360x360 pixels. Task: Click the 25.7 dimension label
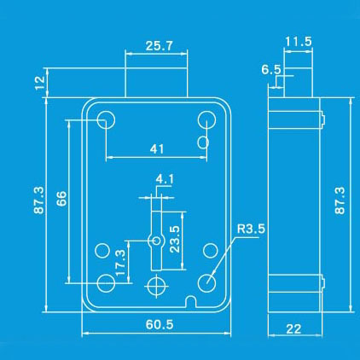159,46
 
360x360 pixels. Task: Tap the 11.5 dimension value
299,42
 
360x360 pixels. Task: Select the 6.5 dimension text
271,69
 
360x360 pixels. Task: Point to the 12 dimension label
40,83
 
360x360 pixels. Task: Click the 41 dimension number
157,148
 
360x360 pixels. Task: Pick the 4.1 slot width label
165,179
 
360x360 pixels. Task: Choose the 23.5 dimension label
175,239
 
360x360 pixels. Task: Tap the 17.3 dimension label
120,263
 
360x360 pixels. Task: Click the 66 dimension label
61,199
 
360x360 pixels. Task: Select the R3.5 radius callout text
251,229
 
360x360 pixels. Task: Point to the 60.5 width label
160,324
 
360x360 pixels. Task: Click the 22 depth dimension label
293,329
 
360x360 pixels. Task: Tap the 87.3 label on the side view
340,200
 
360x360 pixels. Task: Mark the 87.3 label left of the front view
39,200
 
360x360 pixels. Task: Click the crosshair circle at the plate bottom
156,286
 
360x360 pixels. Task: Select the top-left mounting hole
106,119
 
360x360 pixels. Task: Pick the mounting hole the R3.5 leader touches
206,283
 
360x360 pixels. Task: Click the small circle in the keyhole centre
157,241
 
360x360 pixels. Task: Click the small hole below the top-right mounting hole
203,142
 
